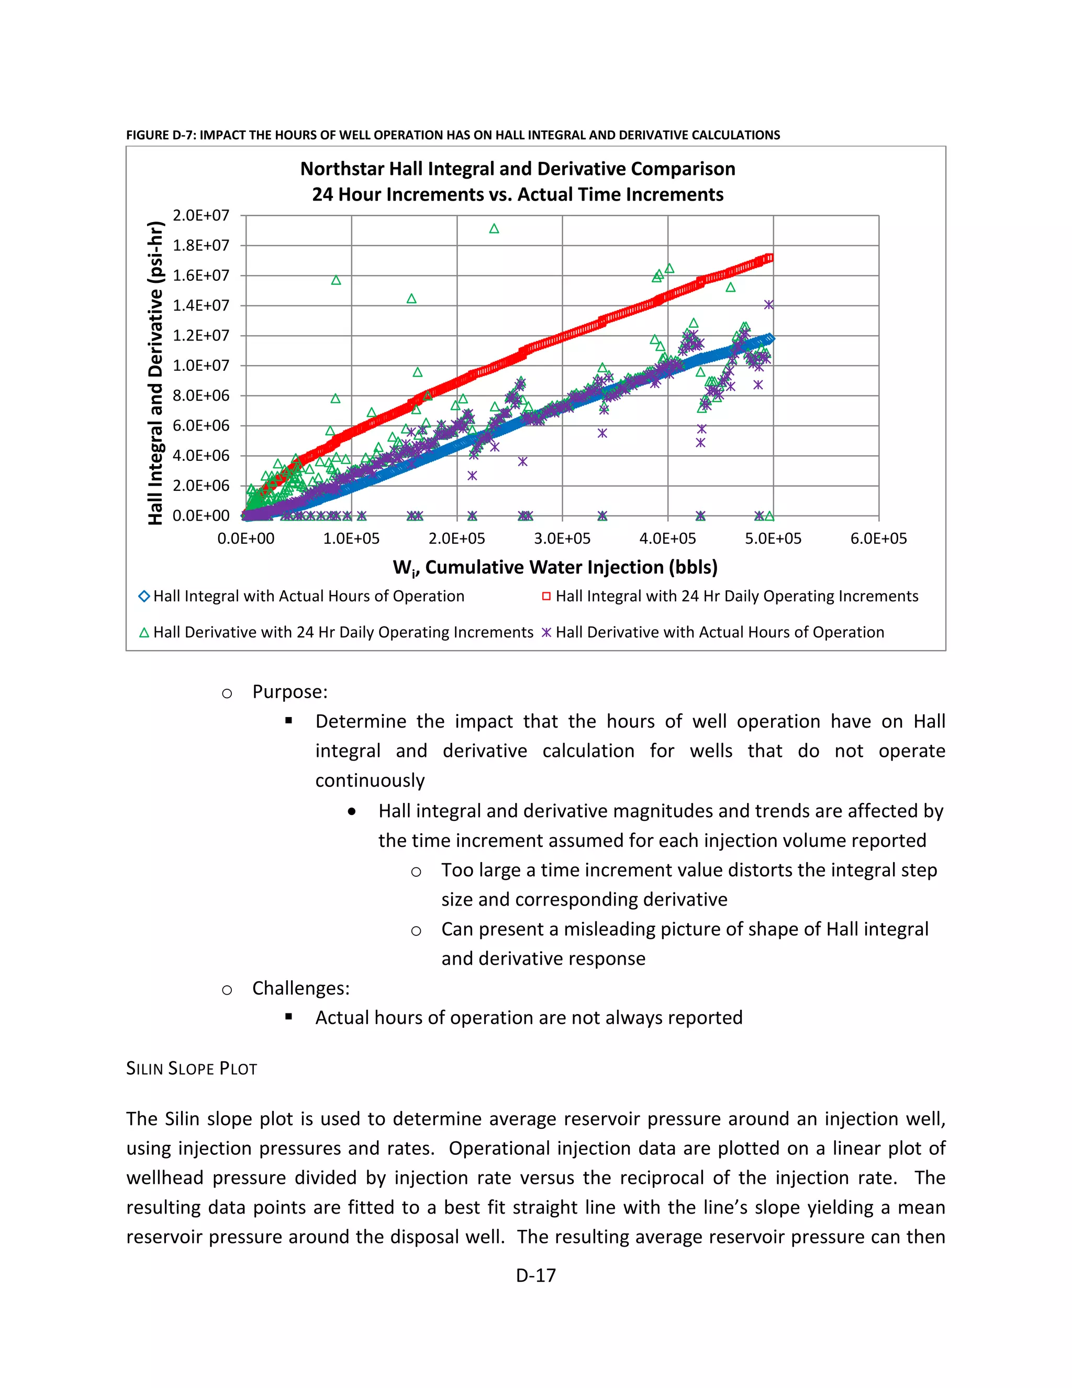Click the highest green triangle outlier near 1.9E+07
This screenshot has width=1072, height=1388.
pyautogui.click(x=494, y=229)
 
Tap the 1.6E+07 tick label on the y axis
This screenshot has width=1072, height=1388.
pyautogui.click(x=200, y=275)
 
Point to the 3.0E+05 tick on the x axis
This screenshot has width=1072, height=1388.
pyautogui.click(x=562, y=538)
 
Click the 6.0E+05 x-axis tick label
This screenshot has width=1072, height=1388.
pyautogui.click(x=878, y=538)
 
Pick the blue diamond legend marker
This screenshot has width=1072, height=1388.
pyautogui.click(x=144, y=596)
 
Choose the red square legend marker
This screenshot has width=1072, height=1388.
pyautogui.click(x=546, y=596)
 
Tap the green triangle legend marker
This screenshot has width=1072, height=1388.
pyautogui.click(x=144, y=632)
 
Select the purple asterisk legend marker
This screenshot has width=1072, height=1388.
pyautogui.click(x=546, y=632)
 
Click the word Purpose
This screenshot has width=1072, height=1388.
pyautogui.click(x=289, y=691)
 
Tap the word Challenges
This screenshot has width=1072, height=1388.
pyautogui.click(x=300, y=988)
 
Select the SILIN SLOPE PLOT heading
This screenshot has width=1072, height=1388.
pyautogui.click(x=191, y=1068)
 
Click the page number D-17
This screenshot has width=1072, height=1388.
pyautogui.click(x=535, y=1275)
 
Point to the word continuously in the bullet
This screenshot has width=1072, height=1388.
pyautogui.click(x=370, y=780)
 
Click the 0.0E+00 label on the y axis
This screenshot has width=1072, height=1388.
pyautogui.click(x=200, y=515)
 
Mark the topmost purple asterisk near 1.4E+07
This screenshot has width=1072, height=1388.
pyautogui.click(x=768, y=305)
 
